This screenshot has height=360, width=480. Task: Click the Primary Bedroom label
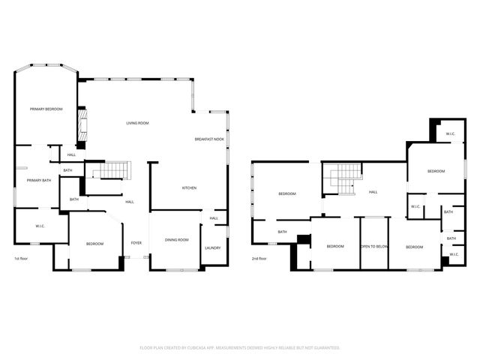tap(46, 109)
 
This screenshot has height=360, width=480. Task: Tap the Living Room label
tap(137, 123)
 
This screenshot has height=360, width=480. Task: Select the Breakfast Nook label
tap(209, 139)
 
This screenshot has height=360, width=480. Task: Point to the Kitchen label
tap(190, 187)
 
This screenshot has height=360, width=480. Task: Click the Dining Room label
tap(177, 240)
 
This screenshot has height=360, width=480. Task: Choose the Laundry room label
tap(212, 248)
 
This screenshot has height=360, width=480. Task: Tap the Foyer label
tap(136, 243)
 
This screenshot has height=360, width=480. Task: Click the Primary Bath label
tap(39, 180)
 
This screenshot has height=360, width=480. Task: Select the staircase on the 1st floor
tap(112, 171)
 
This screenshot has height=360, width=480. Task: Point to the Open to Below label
tap(373, 246)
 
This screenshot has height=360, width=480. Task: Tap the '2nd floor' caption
tap(259, 259)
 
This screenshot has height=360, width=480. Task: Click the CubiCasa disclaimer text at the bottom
tap(240, 347)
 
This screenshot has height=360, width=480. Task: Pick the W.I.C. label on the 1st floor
tap(40, 226)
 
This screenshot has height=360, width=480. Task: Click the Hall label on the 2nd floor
tap(373, 192)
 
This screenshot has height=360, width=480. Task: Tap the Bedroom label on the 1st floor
tap(94, 244)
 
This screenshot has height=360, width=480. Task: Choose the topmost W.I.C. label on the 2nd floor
tap(450, 134)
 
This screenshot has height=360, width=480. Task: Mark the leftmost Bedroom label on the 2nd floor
tap(287, 194)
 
